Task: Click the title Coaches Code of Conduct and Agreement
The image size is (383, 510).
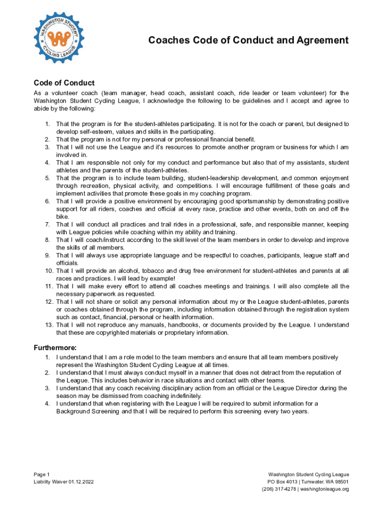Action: pos(248,40)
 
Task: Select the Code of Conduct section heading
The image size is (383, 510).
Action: pos(64,83)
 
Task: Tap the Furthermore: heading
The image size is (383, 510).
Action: pos(55,348)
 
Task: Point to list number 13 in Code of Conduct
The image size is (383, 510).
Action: pos(48,325)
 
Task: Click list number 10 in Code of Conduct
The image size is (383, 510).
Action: pos(48,271)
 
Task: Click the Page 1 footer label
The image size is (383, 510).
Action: pos(42,475)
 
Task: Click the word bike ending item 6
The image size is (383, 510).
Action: pos(62,217)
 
